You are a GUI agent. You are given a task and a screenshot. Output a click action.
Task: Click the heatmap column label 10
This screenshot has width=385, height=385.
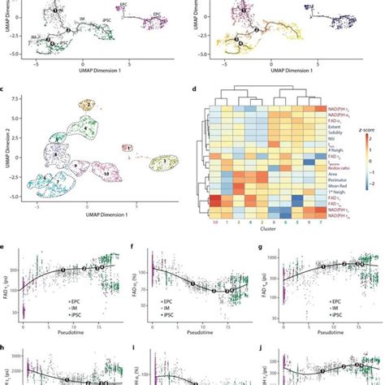[214, 221]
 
